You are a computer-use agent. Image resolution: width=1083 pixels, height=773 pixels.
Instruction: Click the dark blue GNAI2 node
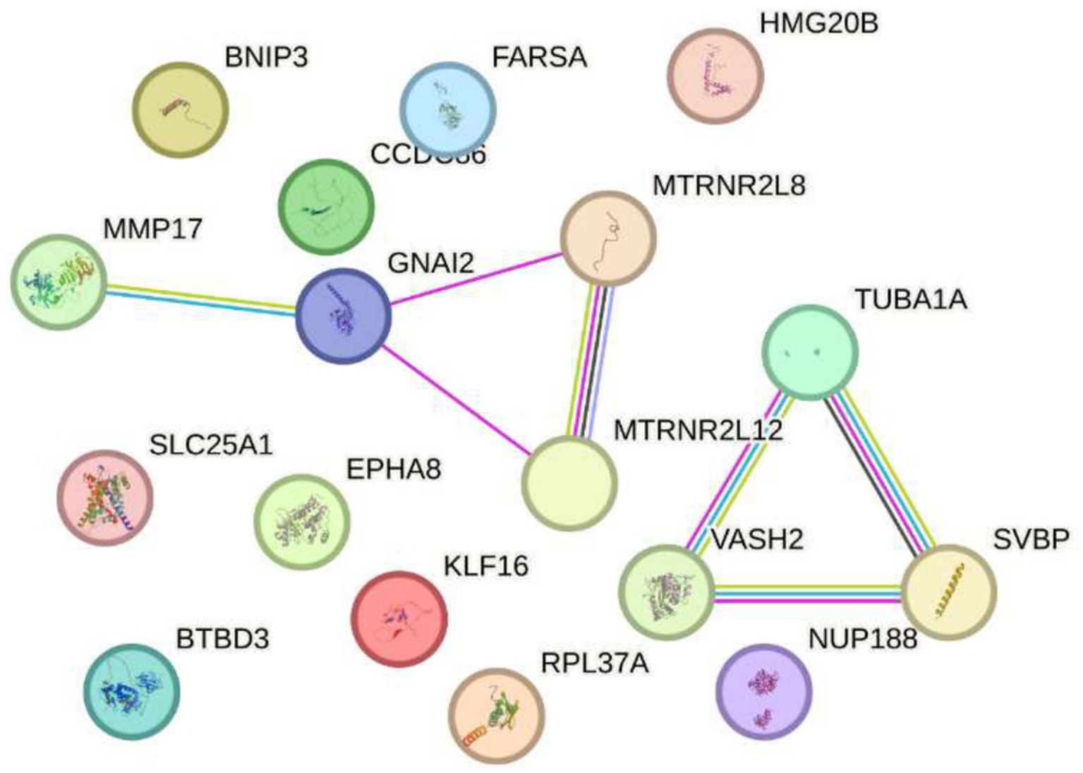tap(343, 316)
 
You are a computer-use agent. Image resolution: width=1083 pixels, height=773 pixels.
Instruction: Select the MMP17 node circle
tap(59, 282)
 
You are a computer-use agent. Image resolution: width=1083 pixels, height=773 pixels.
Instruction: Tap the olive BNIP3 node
tap(181, 109)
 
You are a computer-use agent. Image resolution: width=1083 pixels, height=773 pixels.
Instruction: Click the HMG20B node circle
tap(715, 76)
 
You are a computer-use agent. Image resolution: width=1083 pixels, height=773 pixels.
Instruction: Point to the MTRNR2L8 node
tap(608, 238)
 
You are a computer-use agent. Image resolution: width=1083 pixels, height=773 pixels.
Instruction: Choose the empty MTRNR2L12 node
tap(569, 483)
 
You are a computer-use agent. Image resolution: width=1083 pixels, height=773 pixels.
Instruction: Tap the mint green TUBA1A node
tap(810, 352)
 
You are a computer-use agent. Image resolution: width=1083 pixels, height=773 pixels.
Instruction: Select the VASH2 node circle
tap(667, 592)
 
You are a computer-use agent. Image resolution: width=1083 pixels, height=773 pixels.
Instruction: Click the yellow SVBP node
tap(949, 592)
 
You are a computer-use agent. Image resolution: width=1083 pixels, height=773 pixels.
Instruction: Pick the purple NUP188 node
tap(763, 692)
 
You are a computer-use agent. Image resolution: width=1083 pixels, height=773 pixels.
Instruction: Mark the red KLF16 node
tap(399, 618)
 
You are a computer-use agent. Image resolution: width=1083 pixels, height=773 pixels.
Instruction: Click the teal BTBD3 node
tap(132, 691)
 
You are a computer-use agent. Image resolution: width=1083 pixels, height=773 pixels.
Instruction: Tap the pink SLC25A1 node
tap(105, 498)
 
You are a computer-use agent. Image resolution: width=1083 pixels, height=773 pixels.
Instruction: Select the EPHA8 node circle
tap(301, 522)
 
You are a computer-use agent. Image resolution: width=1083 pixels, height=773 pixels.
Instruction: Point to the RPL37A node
tap(497, 716)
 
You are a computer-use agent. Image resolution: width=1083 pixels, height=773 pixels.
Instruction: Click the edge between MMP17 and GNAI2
tap(201, 299)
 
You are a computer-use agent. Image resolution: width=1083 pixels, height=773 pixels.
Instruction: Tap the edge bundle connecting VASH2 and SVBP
tap(808, 592)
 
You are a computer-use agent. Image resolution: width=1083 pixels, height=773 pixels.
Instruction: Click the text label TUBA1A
tap(911, 299)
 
